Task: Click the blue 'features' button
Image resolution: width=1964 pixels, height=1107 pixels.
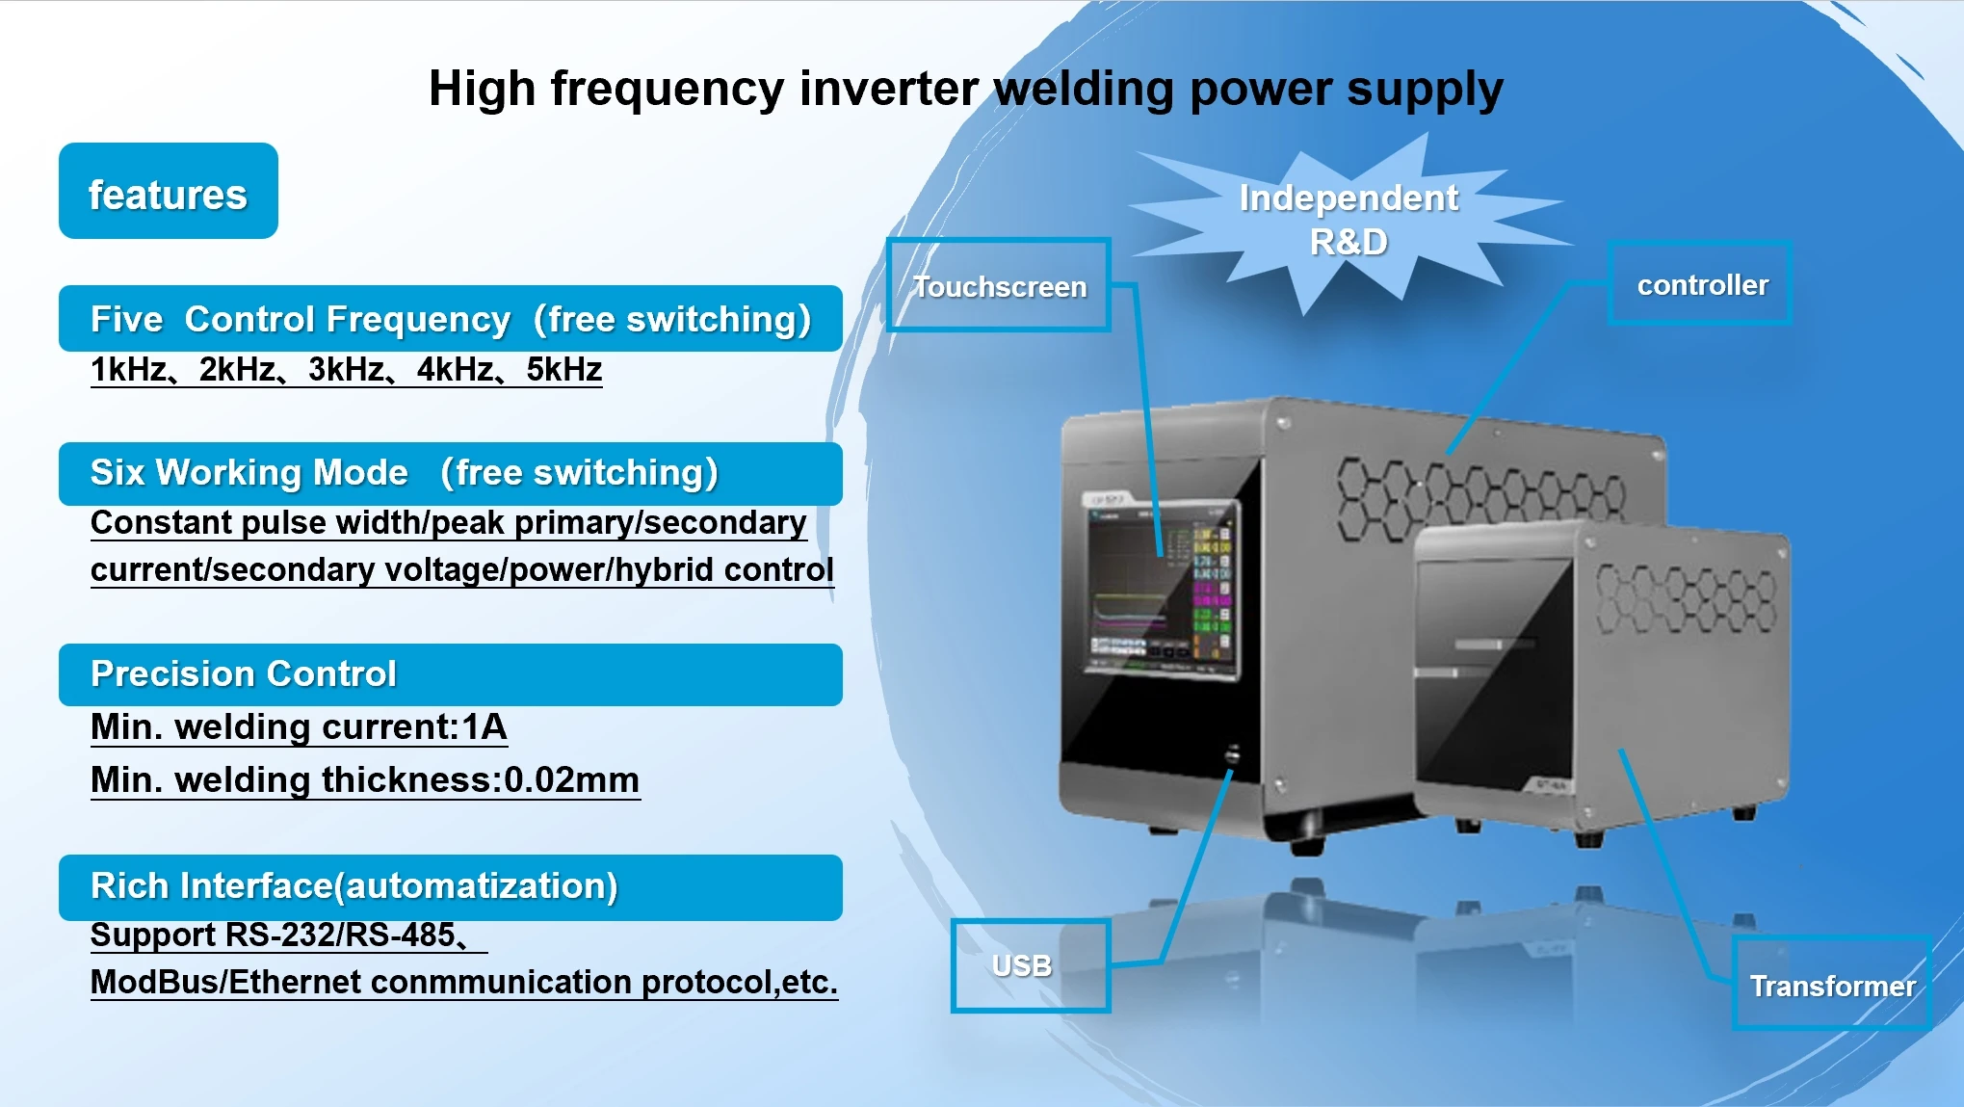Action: point(168,192)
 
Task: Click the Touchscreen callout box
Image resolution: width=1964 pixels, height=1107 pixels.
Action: point(999,285)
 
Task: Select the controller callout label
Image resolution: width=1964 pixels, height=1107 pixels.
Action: point(1700,284)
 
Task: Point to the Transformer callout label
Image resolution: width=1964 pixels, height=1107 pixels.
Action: point(1831,985)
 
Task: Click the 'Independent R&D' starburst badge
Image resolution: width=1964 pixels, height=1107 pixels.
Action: point(1348,220)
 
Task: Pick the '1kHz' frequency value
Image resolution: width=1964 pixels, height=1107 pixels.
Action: point(128,369)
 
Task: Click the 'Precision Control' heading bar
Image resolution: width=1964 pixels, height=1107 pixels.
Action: point(450,673)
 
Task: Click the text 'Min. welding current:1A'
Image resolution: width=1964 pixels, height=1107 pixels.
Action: point(299,726)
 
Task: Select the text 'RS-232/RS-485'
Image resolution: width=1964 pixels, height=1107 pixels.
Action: point(339,935)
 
